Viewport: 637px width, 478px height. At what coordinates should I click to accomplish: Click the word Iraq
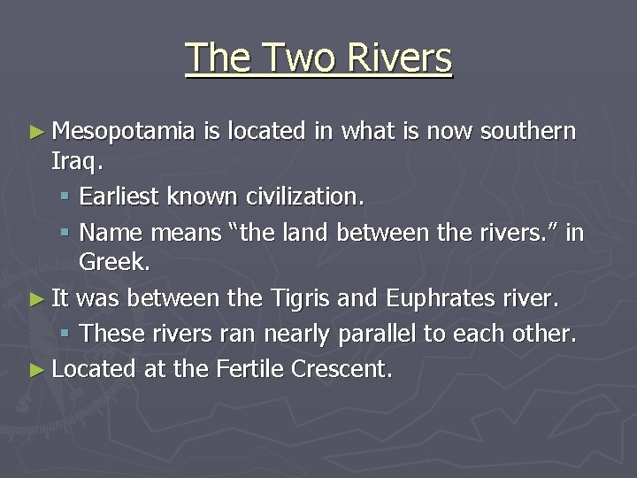click(x=74, y=164)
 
